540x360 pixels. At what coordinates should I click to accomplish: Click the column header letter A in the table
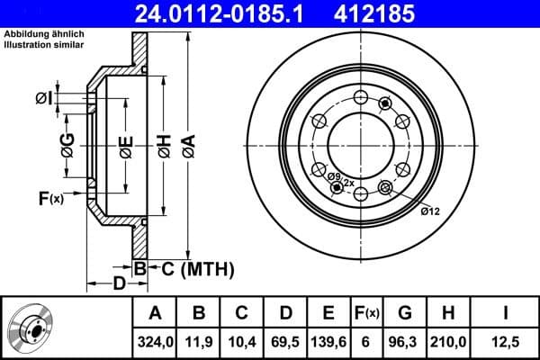[155, 313]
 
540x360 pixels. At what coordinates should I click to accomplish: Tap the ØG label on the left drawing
[67, 145]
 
